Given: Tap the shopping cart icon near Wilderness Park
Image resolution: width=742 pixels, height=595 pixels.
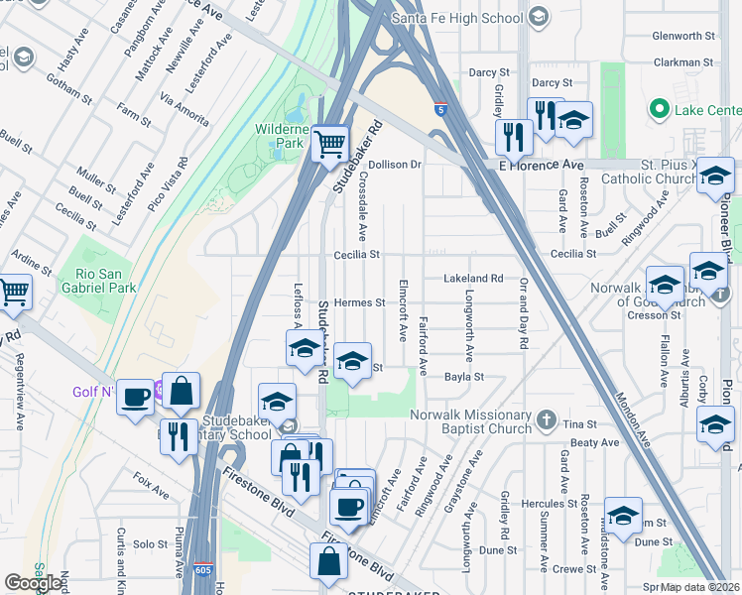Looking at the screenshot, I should (x=329, y=143).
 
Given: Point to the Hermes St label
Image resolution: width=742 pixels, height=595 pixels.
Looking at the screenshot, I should (x=358, y=302).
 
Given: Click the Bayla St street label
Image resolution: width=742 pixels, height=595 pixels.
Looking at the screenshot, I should (x=463, y=377).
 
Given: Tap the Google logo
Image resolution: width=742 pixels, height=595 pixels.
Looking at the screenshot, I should (x=33, y=583).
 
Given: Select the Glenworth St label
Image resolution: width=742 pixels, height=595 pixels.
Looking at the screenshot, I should (x=683, y=36).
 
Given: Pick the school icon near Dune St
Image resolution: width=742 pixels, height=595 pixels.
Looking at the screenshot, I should (x=623, y=517).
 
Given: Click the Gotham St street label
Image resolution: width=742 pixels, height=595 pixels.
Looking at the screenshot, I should (x=69, y=94).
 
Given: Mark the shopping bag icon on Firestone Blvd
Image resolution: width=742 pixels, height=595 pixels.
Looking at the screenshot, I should (x=328, y=562).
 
